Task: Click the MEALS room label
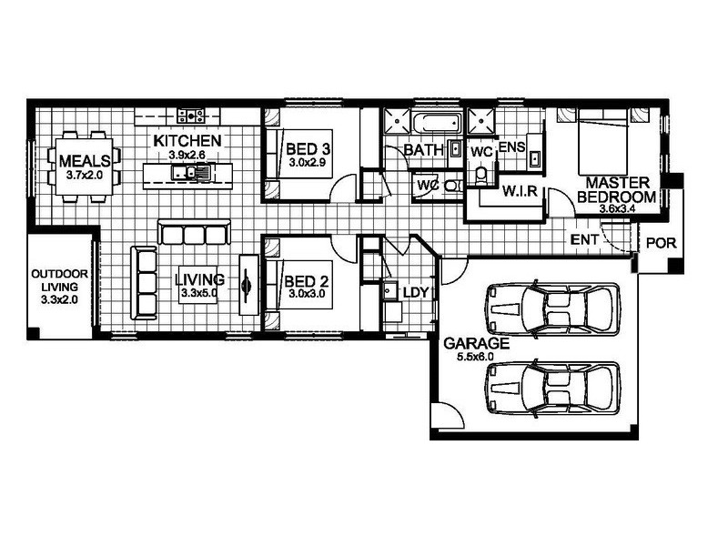click(x=84, y=161)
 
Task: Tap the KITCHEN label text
click(x=187, y=141)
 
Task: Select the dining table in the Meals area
click(x=84, y=167)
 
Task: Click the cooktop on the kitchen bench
click(x=192, y=115)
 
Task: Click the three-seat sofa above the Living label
click(x=192, y=233)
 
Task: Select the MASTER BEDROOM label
click(x=616, y=189)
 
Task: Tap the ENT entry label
click(x=583, y=240)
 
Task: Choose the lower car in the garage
click(x=553, y=389)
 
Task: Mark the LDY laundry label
click(x=416, y=292)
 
